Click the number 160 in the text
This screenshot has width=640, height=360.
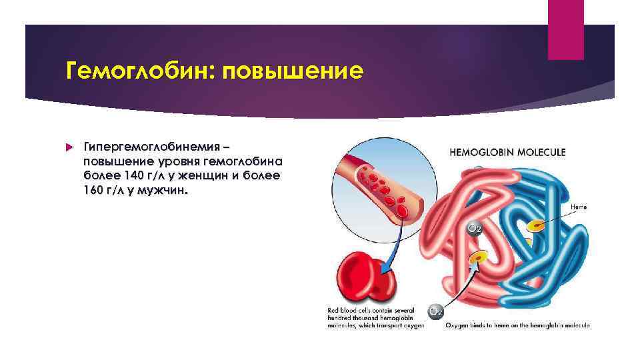point(95,191)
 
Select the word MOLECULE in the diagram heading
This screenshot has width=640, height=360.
point(541,152)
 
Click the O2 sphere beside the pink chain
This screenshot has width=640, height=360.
point(473,228)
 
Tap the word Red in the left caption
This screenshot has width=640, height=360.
point(333,311)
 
